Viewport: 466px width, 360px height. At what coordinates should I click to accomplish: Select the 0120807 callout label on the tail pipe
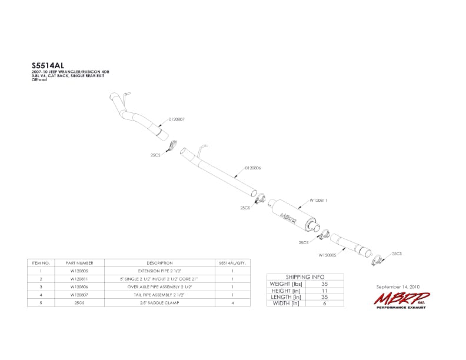point(177,119)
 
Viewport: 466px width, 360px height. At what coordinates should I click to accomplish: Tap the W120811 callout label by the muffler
point(318,201)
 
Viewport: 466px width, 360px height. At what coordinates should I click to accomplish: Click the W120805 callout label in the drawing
point(327,255)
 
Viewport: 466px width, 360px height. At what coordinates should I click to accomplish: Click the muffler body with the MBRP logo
point(290,215)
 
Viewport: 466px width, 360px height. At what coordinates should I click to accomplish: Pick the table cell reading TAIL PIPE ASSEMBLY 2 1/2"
point(159,294)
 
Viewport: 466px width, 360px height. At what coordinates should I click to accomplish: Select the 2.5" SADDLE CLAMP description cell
point(159,302)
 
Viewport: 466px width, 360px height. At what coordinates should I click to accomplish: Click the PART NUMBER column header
point(80,263)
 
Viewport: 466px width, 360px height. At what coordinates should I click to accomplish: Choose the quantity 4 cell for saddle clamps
point(233,302)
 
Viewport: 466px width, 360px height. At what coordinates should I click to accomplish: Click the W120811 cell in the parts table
point(80,278)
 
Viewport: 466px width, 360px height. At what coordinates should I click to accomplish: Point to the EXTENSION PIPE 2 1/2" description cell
point(159,271)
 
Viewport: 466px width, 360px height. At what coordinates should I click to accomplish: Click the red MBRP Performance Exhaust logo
point(400,299)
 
